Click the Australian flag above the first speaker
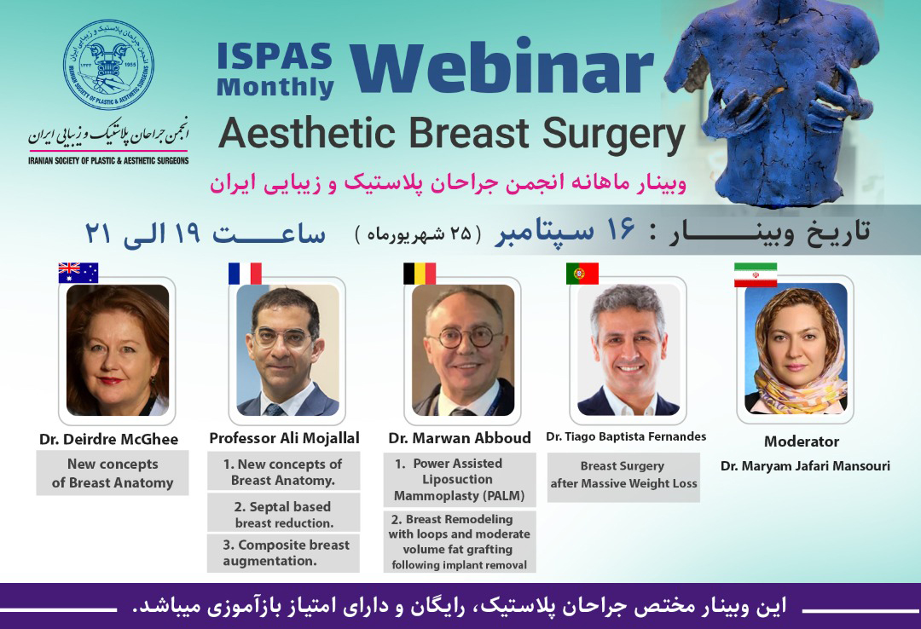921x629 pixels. [x=78, y=273]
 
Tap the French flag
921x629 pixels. [x=245, y=273]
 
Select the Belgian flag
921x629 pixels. [x=420, y=273]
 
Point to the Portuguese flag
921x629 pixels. [x=582, y=273]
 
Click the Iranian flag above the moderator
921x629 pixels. [x=756, y=274]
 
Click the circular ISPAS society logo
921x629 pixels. [x=108, y=65]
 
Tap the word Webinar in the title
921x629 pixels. [x=501, y=67]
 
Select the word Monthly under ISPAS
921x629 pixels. [x=275, y=87]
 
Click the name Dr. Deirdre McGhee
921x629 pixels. [x=108, y=439]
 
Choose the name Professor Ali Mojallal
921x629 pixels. [x=284, y=438]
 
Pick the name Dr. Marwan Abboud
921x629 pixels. [x=460, y=438]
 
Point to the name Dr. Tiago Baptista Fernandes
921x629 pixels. [x=626, y=436]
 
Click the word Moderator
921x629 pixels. [x=801, y=441]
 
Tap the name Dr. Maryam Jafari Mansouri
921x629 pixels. [x=805, y=465]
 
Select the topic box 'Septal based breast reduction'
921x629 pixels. [x=283, y=513]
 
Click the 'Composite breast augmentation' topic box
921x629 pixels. [x=283, y=552]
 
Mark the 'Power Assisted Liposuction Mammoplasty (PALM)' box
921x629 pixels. [x=460, y=479]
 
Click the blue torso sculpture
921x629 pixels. [x=775, y=100]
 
